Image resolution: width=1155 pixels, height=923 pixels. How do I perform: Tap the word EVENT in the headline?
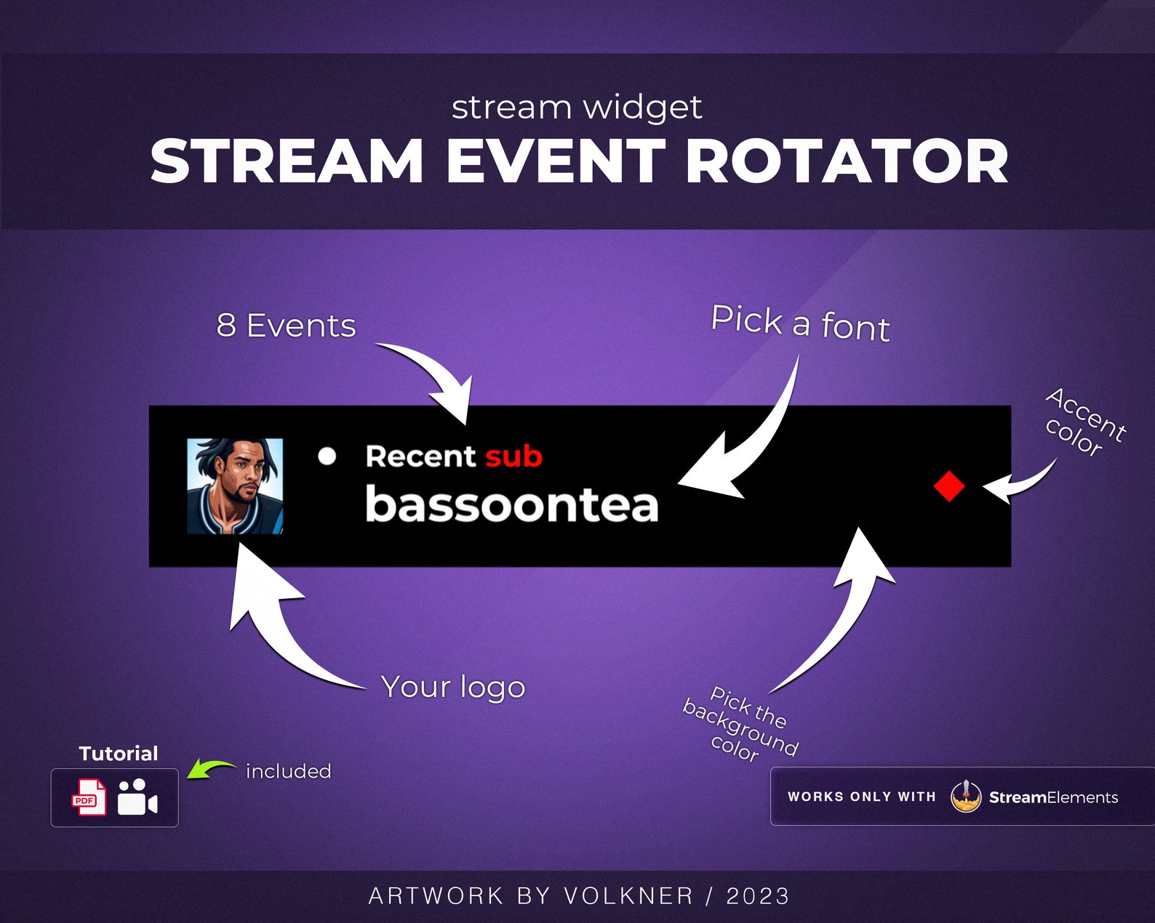tap(556, 161)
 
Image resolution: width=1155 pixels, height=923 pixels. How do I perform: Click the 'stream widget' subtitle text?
tap(577, 108)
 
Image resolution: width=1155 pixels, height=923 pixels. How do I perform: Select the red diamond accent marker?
tap(949, 486)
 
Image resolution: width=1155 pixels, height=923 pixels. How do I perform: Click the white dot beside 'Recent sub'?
tap(327, 456)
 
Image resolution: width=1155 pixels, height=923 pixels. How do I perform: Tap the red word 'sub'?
tap(513, 456)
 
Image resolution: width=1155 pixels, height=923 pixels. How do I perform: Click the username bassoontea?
tap(511, 504)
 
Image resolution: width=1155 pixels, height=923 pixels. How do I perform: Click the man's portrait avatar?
tap(235, 486)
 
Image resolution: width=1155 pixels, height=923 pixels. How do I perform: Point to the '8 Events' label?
tap(286, 326)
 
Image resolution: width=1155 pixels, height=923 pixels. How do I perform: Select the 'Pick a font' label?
tap(800, 323)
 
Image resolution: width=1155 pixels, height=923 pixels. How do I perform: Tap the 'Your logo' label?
tap(452, 687)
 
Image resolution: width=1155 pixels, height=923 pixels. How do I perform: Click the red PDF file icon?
tap(89, 797)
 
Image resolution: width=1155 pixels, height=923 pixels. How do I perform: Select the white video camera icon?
tap(137, 797)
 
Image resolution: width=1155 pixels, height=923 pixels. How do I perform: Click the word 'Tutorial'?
tap(118, 754)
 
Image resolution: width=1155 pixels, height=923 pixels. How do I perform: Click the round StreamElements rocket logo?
tap(966, 797)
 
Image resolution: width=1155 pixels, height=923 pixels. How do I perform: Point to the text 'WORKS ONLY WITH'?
tap(861, 797)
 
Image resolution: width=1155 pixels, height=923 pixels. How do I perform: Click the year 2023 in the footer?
tap(758, 896)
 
